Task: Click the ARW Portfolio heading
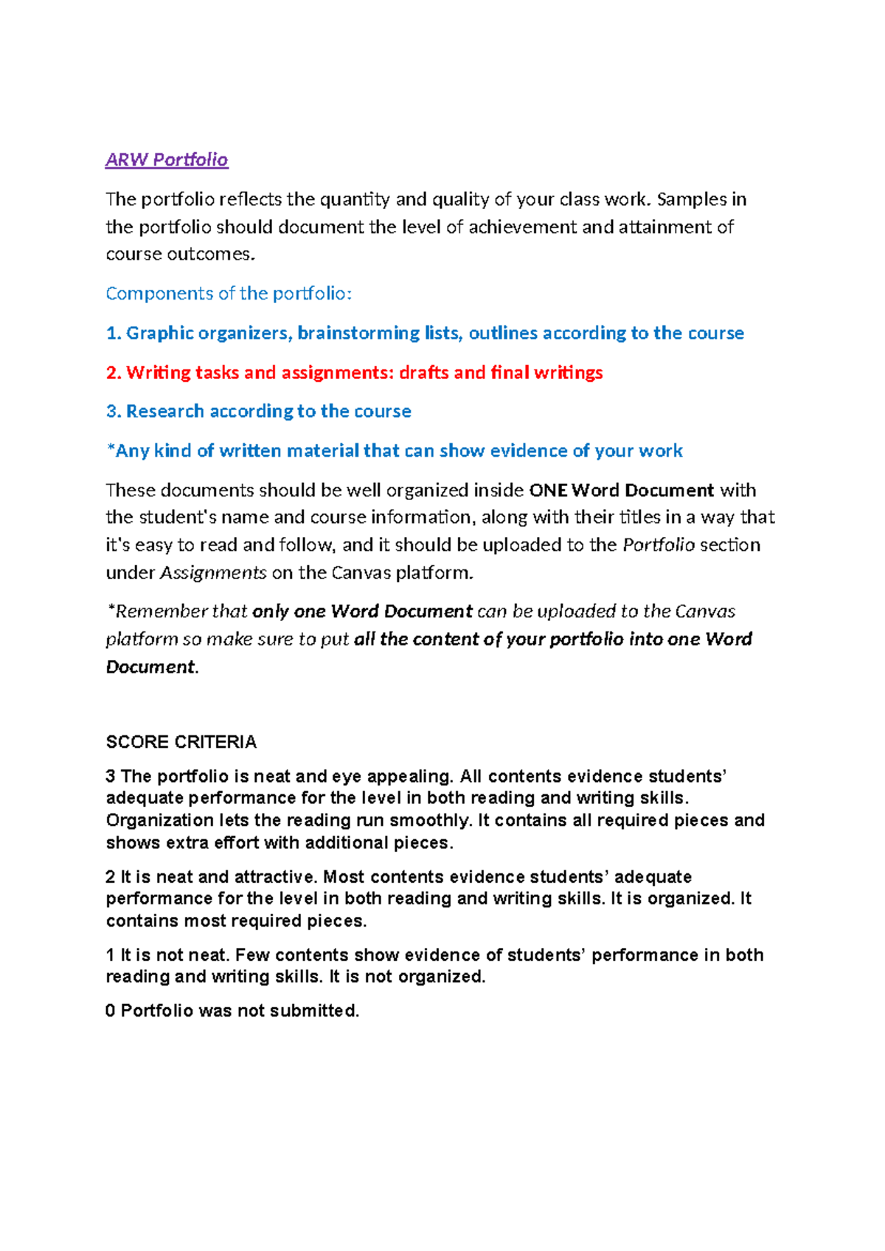[167, 160]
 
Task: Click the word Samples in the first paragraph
[692, 200]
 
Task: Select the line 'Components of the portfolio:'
[229, 294]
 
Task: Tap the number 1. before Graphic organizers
[113, 333]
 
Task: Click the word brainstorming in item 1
[358, 333]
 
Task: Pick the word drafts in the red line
[424, 372]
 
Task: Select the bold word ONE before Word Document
[549, 491]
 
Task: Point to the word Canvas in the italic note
[705, 611]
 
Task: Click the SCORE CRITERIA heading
[181, 742]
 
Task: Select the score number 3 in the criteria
[111, 777]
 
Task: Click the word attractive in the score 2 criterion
[275, 877]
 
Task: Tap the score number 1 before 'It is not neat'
[110, 955]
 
